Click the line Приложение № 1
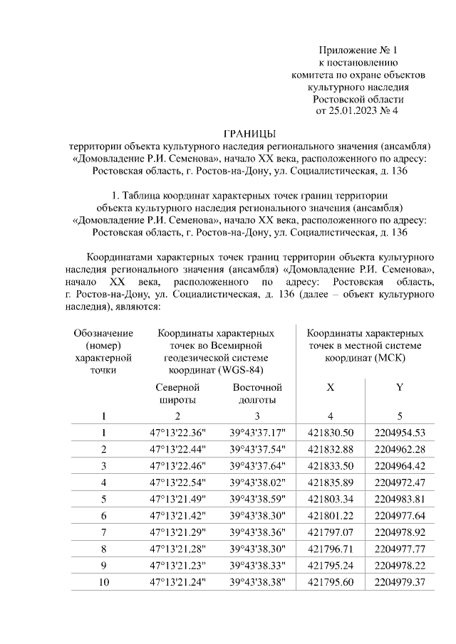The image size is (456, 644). click(358, 51)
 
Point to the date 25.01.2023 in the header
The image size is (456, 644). click(354, 111)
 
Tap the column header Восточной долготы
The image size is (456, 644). click(257, 394)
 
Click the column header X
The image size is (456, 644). click(330, 388)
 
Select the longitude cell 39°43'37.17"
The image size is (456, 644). click(257, 433)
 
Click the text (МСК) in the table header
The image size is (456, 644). click(389, 358)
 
